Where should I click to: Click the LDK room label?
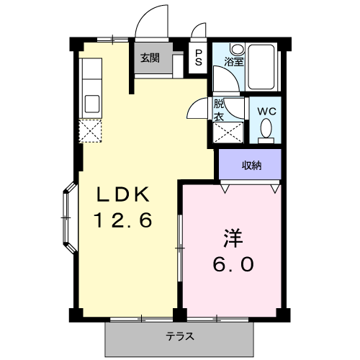(123, 194)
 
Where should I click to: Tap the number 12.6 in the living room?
(123, 220)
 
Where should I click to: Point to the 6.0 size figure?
(232, 264)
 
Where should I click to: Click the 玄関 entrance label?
(150, 58)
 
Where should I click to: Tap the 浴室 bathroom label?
(234, 61)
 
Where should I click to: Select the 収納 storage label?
(251, 165)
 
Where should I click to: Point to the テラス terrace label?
(180, 336)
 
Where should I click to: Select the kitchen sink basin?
(92, 103)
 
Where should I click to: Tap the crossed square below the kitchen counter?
(92, 131)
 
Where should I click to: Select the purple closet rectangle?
(251, 166)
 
